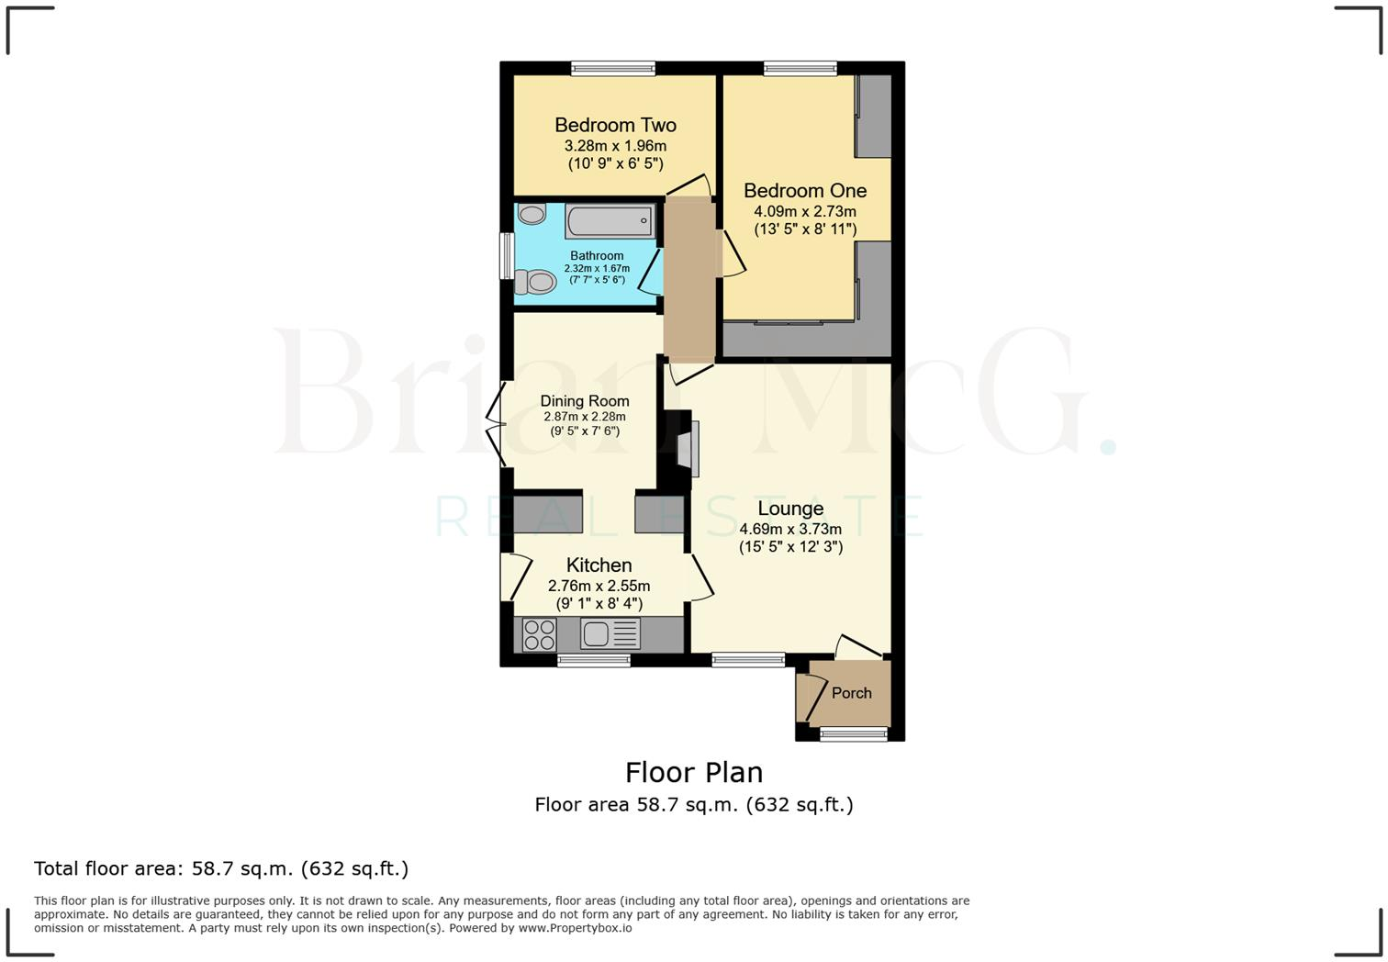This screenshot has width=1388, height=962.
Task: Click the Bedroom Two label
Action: (615, 125)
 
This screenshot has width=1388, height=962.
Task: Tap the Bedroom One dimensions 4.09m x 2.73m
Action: (805, 211)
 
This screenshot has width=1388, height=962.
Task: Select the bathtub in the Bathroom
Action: (610, 221)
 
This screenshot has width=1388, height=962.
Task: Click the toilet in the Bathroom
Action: (535, 281)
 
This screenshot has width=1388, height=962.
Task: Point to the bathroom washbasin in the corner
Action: (532, 214)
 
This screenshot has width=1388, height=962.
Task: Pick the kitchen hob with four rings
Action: (539, 634)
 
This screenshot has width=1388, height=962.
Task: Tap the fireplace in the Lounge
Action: (687, 448)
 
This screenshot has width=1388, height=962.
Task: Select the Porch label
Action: (851, 693)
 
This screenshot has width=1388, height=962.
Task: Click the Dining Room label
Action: (585, 401)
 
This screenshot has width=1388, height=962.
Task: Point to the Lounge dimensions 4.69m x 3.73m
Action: (790, 529)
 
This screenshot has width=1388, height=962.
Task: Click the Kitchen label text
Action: (599, 565)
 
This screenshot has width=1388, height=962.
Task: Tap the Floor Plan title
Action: (694, 772)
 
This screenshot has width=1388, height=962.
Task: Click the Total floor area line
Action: (221, 868)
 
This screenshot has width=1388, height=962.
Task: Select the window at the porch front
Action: (853, 733)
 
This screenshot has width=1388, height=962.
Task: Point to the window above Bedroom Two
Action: (613, 68)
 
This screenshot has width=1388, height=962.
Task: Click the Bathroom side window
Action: (506, 255)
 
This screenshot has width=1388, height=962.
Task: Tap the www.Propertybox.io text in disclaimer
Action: (575, 928)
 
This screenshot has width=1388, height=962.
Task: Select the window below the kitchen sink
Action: (594, 659)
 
